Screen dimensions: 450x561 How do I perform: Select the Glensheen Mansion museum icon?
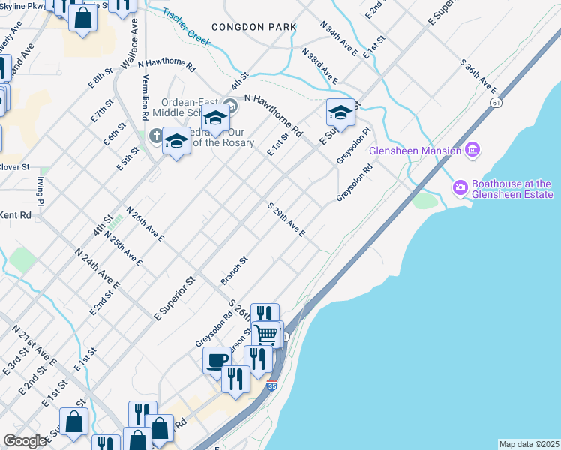472,151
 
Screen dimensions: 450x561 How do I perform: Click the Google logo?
24,441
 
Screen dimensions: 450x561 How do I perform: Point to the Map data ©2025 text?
529,444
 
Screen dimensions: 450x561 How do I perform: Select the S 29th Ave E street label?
286,219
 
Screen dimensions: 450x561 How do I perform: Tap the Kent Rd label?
16,215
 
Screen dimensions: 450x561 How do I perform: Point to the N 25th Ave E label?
124,248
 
